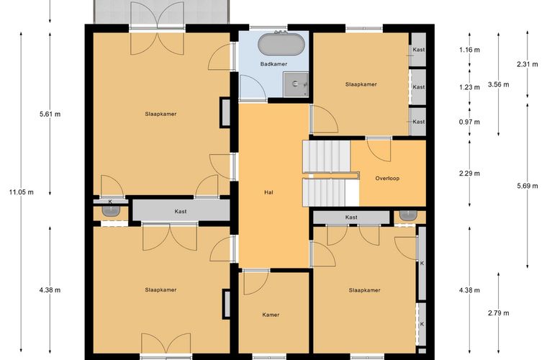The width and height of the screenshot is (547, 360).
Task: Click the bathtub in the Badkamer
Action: (x=281, y=45)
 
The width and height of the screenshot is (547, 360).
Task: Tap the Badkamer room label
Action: (x=273, y=64)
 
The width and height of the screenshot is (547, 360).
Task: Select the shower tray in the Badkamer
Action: (x=296, y=84)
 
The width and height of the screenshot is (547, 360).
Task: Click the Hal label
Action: (x=268, y=192)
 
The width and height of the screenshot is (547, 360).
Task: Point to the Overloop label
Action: (x=387, y=179)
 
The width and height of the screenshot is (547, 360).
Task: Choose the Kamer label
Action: (x=271, y=315)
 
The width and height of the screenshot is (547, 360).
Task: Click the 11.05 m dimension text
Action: (x=22, y=192)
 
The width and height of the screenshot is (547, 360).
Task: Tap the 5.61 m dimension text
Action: (x=50, y=114)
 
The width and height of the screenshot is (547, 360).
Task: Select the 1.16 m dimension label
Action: (x=469, y=50)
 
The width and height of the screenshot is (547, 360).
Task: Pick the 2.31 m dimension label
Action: (x=527, y=64)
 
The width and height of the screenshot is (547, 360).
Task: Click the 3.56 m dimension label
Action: (x=499, y=84)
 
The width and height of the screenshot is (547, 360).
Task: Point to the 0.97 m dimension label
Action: (x=469, y=122)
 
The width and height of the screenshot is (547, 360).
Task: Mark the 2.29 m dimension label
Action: (x=469, y=174)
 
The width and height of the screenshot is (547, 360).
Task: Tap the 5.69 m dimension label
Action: (x=527, y=186)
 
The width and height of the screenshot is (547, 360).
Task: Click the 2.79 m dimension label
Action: (x=499, y=313)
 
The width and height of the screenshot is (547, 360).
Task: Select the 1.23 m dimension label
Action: (x=469, y=87)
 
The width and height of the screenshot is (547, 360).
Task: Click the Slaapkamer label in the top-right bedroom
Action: (x=361, y=84)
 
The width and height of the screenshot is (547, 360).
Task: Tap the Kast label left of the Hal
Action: (x=181, y=212)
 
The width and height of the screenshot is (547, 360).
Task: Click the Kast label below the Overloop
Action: (x=351, y=217)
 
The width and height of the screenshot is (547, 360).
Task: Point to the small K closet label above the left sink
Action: (x=110, y=202)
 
